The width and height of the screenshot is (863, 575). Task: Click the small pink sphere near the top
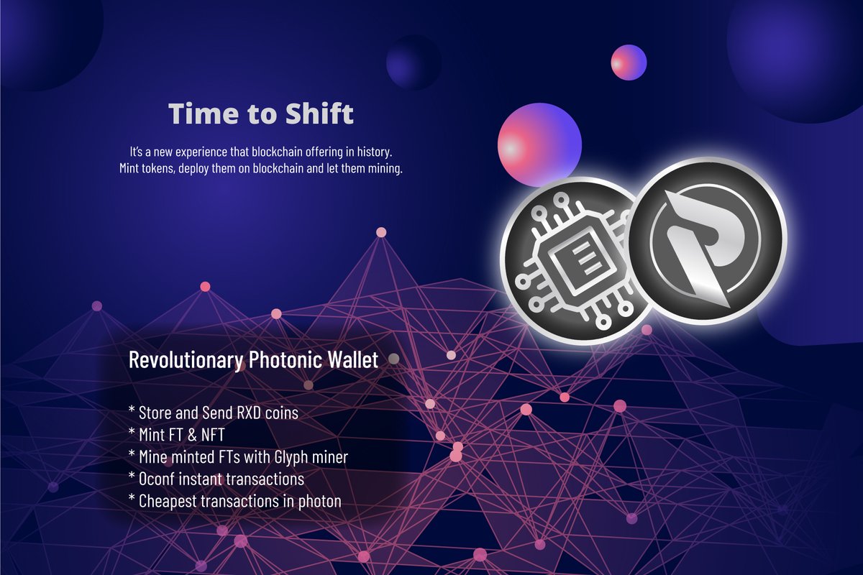pyautogui.click(x=629, y=63)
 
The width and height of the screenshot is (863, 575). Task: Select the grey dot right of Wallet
pyautogui.click(x=393, y=358)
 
